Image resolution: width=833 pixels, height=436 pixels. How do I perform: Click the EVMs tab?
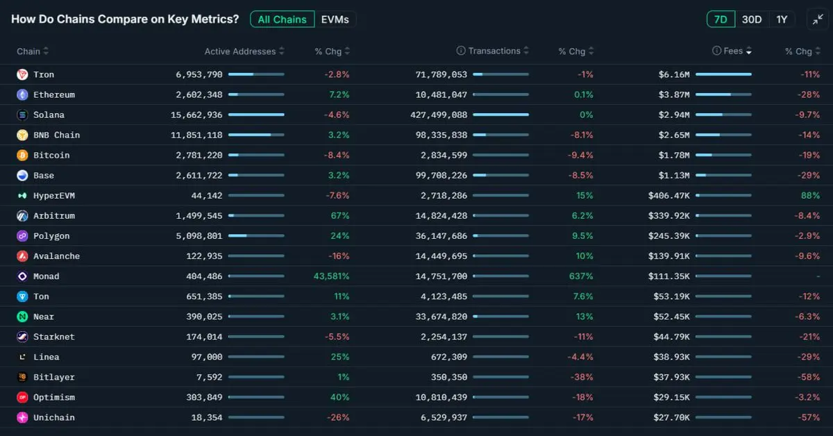pos(336,19)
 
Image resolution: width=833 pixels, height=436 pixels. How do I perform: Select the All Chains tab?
pos(282,19)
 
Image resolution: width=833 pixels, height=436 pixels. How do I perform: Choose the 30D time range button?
pos(752,19)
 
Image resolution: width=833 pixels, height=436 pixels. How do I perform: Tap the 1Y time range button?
pos(782,19)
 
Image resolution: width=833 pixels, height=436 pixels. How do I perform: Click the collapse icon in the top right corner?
pos(817,19)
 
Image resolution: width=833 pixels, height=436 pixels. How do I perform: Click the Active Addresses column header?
pos(239,51)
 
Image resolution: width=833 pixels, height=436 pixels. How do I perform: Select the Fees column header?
pos(733,51)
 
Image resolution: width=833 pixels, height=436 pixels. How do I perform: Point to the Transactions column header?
pos(494,51)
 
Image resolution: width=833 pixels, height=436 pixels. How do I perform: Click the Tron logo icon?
pos(22,74)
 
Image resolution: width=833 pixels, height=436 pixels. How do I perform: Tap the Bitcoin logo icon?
pos(22,155)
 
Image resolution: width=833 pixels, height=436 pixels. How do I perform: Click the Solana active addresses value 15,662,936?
pos(196,115)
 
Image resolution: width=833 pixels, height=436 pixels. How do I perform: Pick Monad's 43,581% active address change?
pos(331,276)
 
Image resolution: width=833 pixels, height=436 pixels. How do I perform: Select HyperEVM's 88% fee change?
pos(810,196)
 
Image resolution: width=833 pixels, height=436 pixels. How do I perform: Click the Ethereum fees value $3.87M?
pos(674,94)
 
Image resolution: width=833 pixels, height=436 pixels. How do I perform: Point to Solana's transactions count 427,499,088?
pos(440,115)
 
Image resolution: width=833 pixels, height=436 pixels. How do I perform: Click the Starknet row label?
pos(53,337)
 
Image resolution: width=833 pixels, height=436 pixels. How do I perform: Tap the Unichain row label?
pos(53,417)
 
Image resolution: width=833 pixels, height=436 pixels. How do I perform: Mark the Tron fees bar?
pos(723,74)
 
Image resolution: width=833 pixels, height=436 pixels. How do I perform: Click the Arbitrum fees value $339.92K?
pos(668,216)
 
